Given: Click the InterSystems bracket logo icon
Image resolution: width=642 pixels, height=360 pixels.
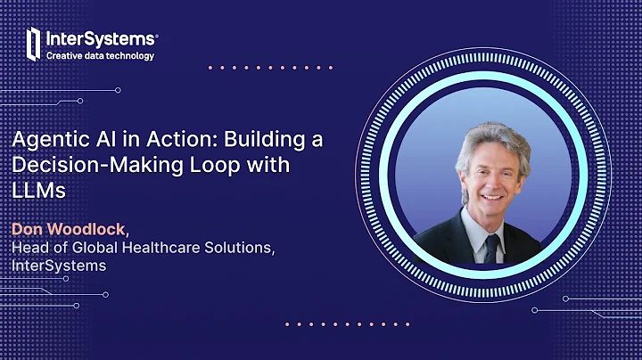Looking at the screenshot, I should point(34,43).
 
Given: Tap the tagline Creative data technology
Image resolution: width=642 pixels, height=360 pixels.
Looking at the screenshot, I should point(100,55).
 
